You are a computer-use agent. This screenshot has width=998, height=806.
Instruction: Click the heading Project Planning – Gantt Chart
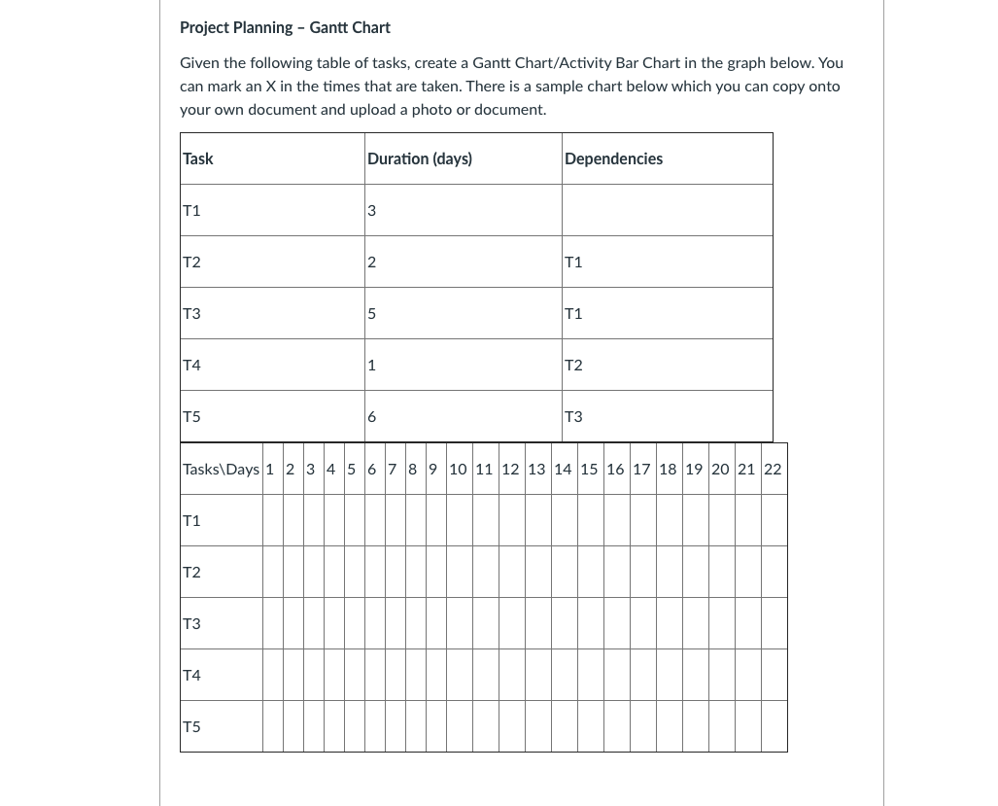pyautogui.click(x=285, y=27)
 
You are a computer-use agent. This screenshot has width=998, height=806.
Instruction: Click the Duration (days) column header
pyautogui.click(x=420, y=158)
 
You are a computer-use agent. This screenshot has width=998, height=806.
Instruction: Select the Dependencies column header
pyautogui.click(x=613, y=158)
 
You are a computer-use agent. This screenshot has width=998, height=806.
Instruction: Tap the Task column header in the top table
pyautogui.click(x=198, y=158)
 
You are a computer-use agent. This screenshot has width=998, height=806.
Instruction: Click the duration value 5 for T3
pyautogui.click(x=372, y=313)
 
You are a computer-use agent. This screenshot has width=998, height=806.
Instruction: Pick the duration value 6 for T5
pyautogui.click(x=372, y=416)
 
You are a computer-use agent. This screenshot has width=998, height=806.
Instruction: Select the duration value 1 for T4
pyautogui.click(x=372, y=365)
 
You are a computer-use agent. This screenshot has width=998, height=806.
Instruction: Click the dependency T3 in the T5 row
pyautogui.click(x=573, y=416)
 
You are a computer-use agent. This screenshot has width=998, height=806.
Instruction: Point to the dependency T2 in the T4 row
pyautogui.click(x=573, y=365)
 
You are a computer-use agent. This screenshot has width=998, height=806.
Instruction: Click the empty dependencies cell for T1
pyautogui.click(x=667, y=210)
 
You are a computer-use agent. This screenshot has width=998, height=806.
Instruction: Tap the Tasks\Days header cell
pyautogui.click(x=222, y=469)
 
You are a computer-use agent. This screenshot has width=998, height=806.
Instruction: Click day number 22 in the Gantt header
pyautogui.click(x=773, y=469)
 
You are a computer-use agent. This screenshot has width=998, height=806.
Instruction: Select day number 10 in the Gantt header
pyautogui.click(x=458, y=469)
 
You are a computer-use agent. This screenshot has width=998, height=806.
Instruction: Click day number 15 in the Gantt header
pyautogui.click(x=589, y=469)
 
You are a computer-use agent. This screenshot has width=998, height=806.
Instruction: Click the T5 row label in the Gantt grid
pyautogui.click(x=191, y=726)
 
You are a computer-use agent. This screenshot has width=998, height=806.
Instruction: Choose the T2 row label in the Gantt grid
pyautogui.click(x=191, y=572)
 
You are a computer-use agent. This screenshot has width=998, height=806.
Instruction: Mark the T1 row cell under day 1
pyautogui.click(x=273, y=520)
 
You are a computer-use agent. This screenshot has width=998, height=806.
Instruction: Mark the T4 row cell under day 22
pyautogui.click(x=774, y=675)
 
